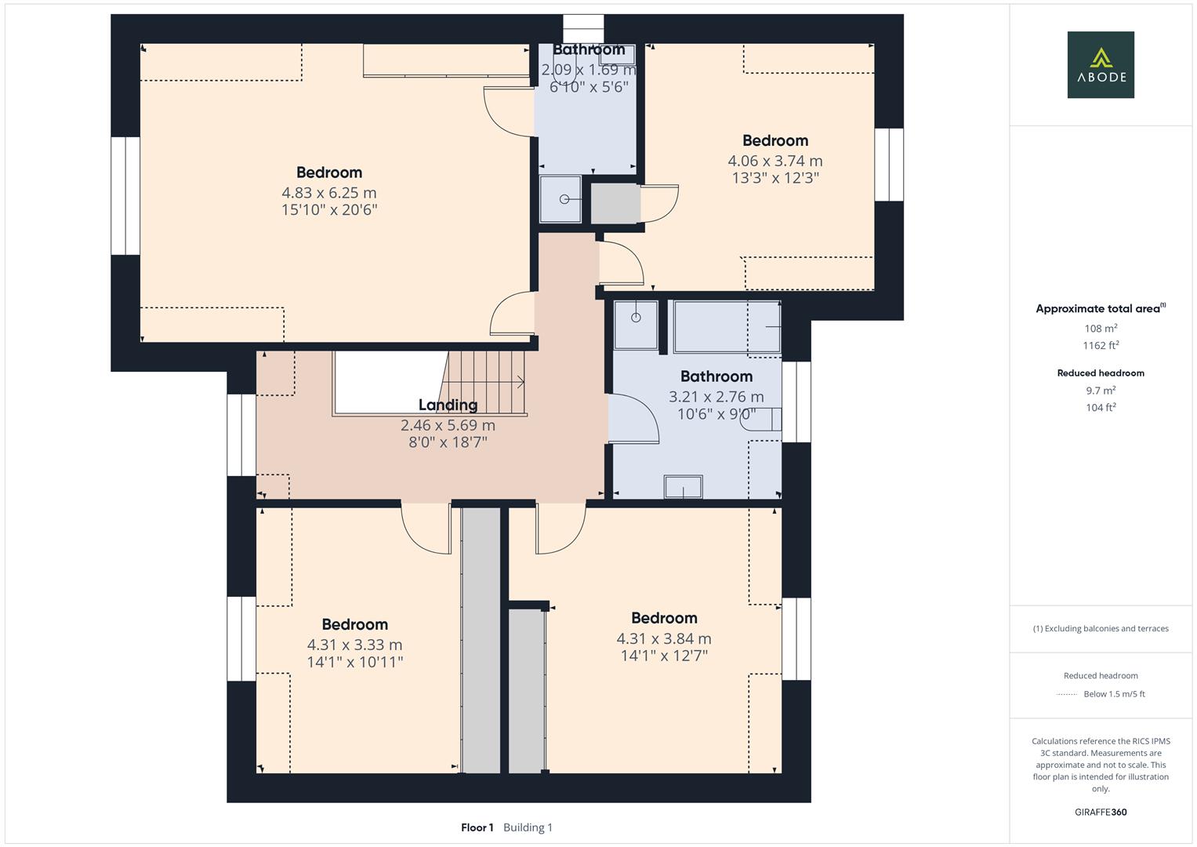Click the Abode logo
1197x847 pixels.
pos(1101,64)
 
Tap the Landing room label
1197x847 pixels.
pos(448,405)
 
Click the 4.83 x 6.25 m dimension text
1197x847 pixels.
pos(329,192)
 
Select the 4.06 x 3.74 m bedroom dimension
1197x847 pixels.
pos(774,161)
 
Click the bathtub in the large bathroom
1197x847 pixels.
pos(726,326)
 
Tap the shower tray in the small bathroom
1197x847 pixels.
pos(561,199)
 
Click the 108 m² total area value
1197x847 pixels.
pos(1101,329)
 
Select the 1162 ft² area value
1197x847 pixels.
pos(1101,345)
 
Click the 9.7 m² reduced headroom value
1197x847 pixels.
pos(1101,390)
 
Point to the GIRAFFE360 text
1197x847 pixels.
pos(1101,812)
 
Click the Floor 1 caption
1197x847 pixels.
pos(477,827)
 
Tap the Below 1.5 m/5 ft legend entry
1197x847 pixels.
pos(1113,694)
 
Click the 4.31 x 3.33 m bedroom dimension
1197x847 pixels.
pos(354,645)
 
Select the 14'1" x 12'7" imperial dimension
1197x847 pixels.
pos(664,656)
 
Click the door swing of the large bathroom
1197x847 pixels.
pos(633,419)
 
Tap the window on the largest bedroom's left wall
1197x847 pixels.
pos(125,196)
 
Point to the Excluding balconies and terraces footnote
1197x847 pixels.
pos(1101,628)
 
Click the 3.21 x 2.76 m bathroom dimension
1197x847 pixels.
pos(716,397)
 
